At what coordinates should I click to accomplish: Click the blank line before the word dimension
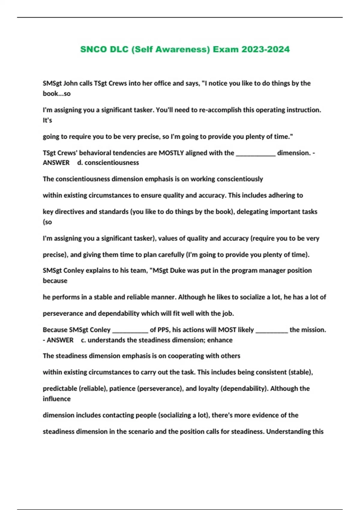coord(256,153)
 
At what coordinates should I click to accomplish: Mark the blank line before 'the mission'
coord(271,330)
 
